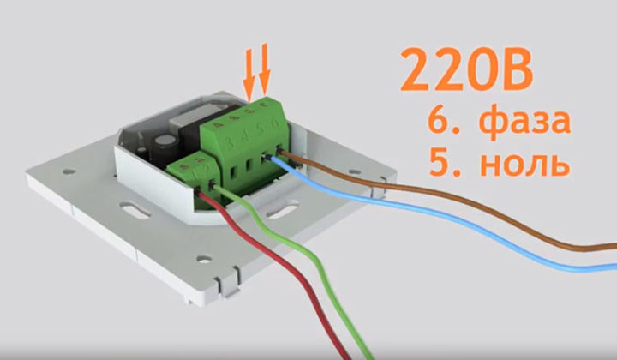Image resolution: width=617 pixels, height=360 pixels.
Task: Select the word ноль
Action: tap(525, 162)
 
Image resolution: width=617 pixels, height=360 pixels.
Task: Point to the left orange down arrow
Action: tap(249, 75)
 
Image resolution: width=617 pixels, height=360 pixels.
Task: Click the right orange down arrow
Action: tap(264, 69)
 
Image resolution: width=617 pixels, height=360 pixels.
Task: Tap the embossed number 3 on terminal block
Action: tap(230, 141)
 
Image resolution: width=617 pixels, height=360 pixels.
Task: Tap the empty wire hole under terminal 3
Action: tap(233, 172)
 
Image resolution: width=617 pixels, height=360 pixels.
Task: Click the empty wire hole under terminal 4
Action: tap(249, 165)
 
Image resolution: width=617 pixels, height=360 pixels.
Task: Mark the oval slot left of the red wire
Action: tap(135, 210)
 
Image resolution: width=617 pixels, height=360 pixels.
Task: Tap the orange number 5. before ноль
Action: tap(444, 162)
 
